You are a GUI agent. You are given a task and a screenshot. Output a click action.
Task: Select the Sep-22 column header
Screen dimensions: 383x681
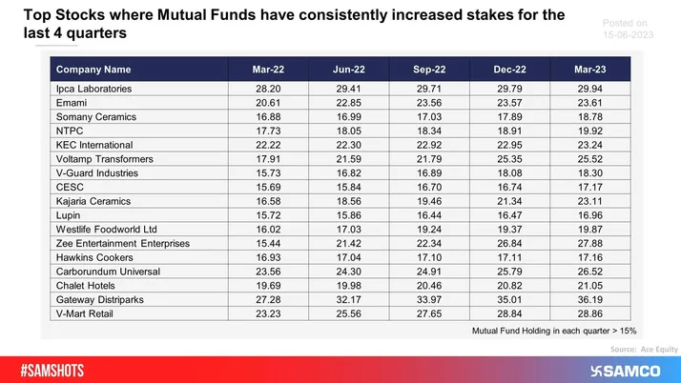coord(425,70)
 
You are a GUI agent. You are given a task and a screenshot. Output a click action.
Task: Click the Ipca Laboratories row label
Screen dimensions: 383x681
coord(93,89)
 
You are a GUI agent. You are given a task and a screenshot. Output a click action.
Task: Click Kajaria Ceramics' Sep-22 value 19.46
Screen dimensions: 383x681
coord(425,202)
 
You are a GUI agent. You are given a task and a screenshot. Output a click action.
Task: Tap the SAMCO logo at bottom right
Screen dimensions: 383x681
coord(626,370)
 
